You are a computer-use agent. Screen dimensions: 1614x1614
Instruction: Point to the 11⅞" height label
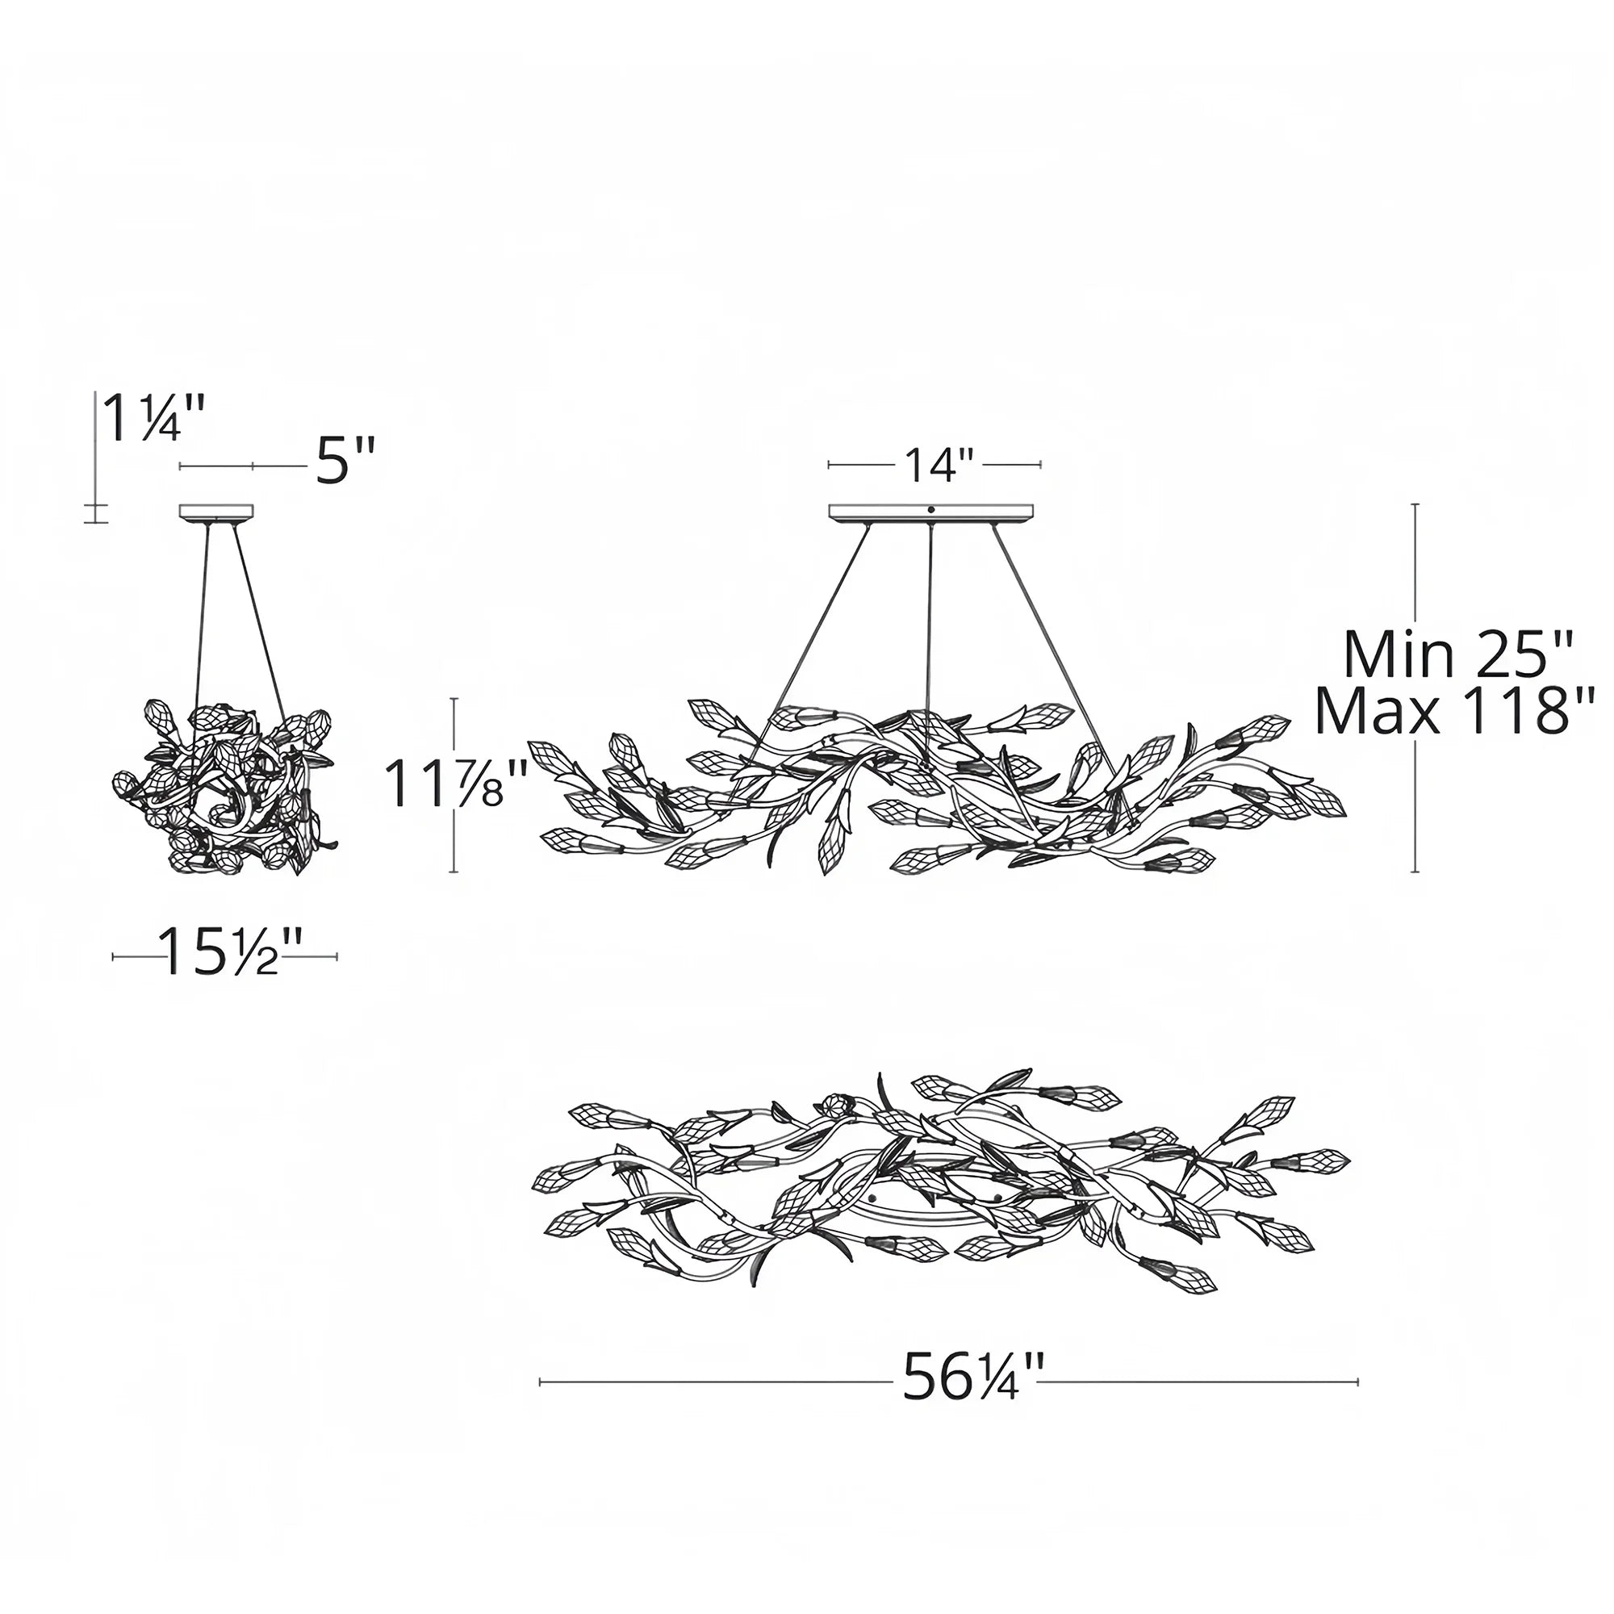point(455,785)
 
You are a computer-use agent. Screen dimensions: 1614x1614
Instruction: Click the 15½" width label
point(224,953)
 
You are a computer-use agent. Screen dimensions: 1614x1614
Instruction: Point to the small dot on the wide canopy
point(930,508)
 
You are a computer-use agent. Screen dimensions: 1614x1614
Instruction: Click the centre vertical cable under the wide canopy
point(930,635)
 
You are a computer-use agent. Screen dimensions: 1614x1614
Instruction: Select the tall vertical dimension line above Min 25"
point(1416,568)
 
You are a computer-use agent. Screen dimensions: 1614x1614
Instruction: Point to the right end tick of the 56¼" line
point(1357,1382)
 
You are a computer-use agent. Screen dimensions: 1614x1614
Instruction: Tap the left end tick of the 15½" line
point(114,957)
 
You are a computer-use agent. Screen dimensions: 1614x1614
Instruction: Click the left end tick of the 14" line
point(829,464)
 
